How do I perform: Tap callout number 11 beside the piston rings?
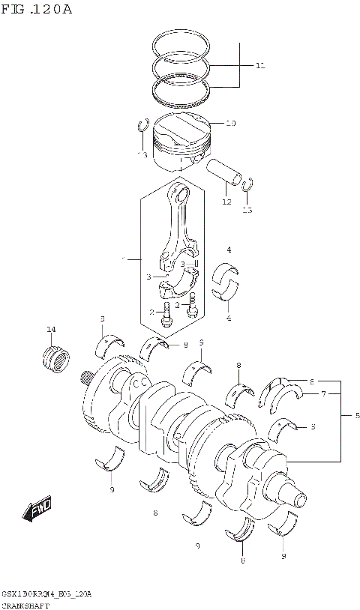[x=260, y=66]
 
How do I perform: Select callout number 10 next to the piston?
[x=230, y=123]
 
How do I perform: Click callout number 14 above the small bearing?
[x=51, y=330]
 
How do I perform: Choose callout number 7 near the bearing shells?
[x=323, y=393]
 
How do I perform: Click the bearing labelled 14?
[x=55, y=355]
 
